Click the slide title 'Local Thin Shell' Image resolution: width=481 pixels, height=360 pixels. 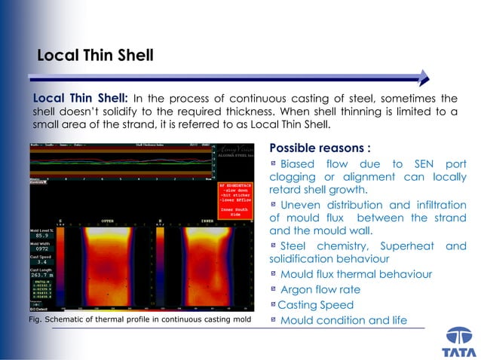tap(95, 55)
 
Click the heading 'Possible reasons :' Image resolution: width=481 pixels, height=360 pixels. tap(320, 148)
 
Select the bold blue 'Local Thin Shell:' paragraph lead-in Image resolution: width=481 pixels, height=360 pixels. tap(81, 99)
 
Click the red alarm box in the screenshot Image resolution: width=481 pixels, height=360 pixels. tap(236, 198)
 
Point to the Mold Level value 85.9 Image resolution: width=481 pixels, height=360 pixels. tap(41, 236)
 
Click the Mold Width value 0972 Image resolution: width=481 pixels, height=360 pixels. tap(41, 249)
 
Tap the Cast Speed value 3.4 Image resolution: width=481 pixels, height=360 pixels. tap(42, 261)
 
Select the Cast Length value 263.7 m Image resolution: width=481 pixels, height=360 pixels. tap(41, 275)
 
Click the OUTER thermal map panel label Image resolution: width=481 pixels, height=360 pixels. tap(108, 221)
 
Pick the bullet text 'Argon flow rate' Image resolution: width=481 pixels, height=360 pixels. tap(320, 290)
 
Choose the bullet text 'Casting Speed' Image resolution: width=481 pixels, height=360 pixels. tap(316, 305)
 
